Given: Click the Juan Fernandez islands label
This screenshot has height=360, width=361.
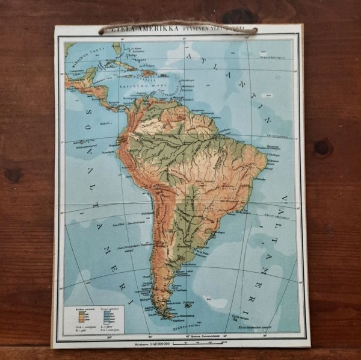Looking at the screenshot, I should (120, 246).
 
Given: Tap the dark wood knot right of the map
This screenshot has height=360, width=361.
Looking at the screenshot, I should (322, 147).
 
